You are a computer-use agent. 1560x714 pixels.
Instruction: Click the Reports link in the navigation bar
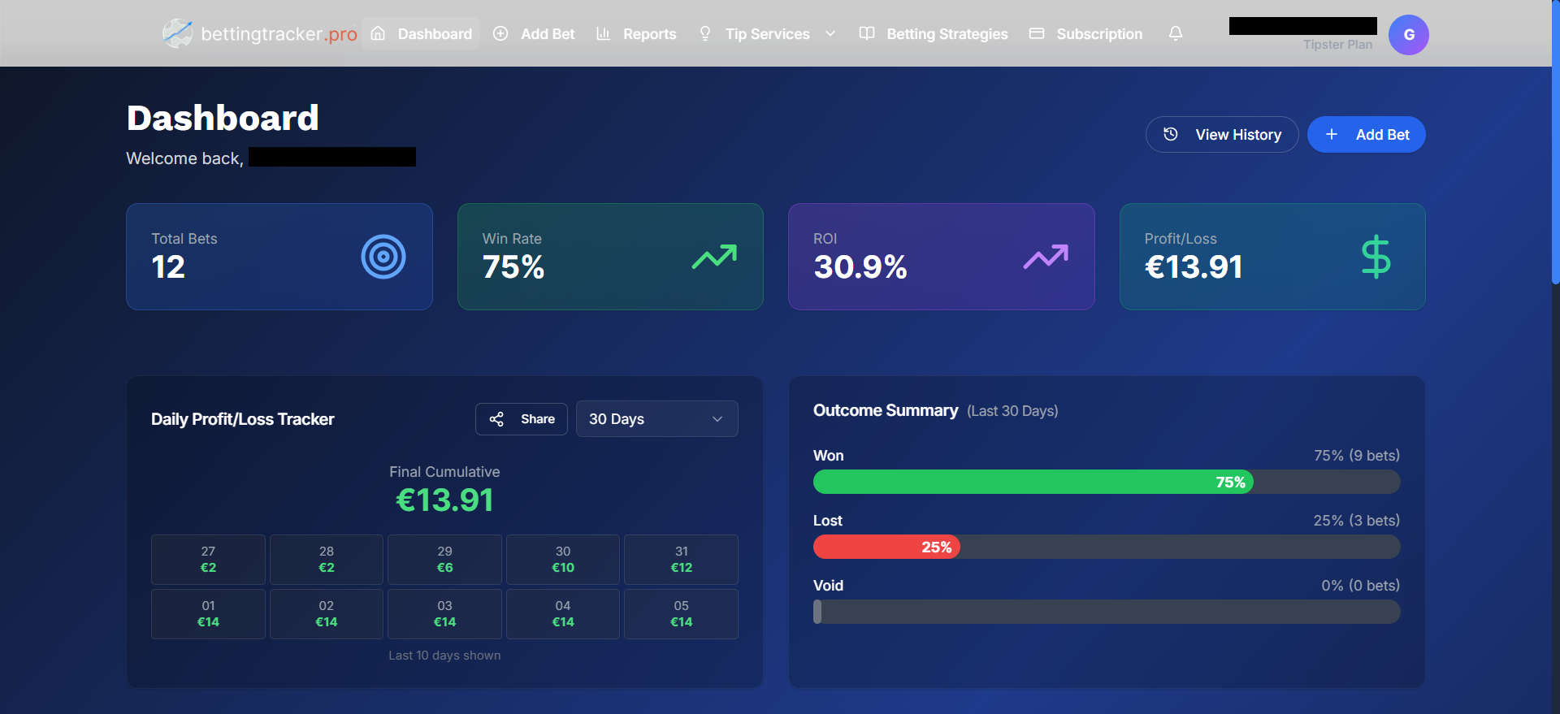click(636, 34)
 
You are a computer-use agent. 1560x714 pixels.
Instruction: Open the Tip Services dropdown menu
click(767, 34)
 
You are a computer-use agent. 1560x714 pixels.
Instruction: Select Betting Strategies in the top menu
click(934, 34)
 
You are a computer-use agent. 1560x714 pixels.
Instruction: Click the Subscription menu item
click(1085, 34)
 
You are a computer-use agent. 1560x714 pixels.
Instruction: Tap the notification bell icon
click(1175, 33)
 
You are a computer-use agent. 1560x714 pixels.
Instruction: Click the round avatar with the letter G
click(1408, 35)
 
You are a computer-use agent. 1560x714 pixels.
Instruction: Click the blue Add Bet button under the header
click(1366, 135)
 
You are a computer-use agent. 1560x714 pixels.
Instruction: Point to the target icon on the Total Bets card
click(383, 257)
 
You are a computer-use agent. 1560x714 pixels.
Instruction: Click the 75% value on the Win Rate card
click(513, 267)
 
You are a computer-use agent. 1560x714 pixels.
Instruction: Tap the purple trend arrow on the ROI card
click(1045, 257)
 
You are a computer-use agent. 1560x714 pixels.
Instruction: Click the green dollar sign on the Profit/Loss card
click(1375, 257)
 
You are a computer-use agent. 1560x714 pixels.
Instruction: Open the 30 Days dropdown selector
click(656, 419)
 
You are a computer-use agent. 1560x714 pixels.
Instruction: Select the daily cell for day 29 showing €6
click(444, 560)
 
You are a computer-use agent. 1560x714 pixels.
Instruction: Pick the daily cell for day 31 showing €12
click(681, 560)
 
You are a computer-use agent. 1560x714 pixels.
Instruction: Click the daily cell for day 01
click(208, 614)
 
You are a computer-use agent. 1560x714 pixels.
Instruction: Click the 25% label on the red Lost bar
click(936, 547)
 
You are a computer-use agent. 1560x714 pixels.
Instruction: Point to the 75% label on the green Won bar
click(1230, 482)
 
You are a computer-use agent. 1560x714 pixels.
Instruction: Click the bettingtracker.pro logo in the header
click(259, 34)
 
